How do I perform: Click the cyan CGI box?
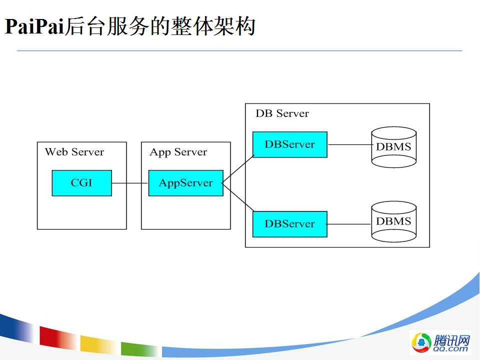point(81,183)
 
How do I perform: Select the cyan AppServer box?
point(185,183)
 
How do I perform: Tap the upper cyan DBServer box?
point(289,144)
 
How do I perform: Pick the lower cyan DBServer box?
point(289,224)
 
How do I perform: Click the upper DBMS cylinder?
point(394,147)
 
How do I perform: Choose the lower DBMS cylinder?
point(394,221)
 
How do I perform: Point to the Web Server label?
point(74,152)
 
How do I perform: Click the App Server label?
point(178,152)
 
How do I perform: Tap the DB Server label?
point(282,113)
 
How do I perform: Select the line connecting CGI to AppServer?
point(130,183)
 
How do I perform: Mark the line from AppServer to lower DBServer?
point(238,197)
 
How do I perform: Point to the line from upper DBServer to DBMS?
point(349,144)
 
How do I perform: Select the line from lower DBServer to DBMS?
point(349,224)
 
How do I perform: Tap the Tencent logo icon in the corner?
point(421,342)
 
